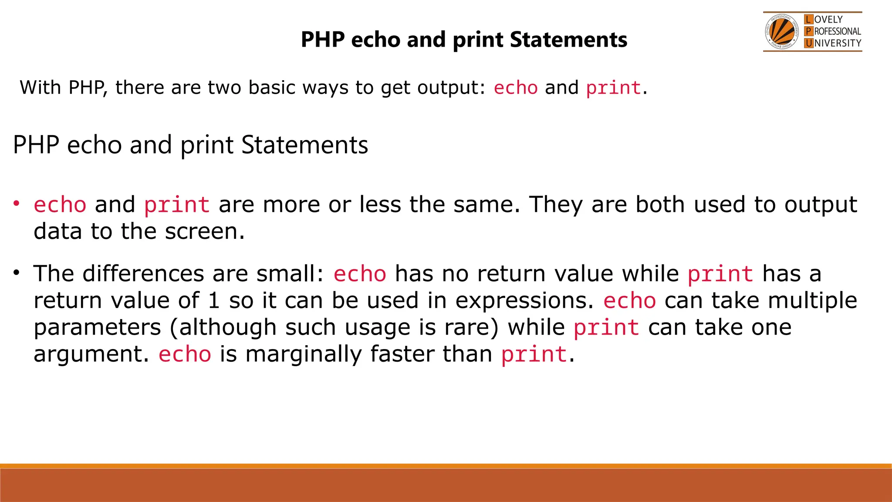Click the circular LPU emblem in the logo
[782, 32]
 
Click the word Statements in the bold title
[568, 40]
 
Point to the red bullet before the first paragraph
[17, 204]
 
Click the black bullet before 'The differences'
[17, 273]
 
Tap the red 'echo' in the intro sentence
[516, 88]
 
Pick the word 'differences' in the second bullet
[143, 274]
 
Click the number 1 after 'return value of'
[213, 301]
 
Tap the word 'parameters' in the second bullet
[97, 328]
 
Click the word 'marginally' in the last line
[303, 354]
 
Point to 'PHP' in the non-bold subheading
[36, 145]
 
